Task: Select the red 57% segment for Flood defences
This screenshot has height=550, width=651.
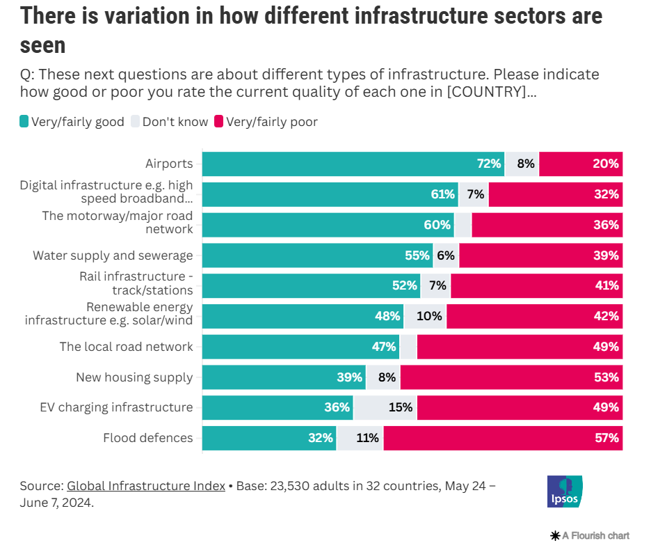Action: (x=502, y=438)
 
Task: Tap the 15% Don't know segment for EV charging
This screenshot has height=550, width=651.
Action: (x=385, y=407)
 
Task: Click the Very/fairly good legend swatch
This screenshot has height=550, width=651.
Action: (x=24, y=123)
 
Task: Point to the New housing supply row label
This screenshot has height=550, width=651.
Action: (x=134, y=377)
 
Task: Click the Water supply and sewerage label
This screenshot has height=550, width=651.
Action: (x=113, y=256)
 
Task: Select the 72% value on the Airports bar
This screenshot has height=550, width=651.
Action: (x=489, y=164)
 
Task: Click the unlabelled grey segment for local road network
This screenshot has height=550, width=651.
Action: (x=408, y=347)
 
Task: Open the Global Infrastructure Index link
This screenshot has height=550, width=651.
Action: (x=146, y=486)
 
